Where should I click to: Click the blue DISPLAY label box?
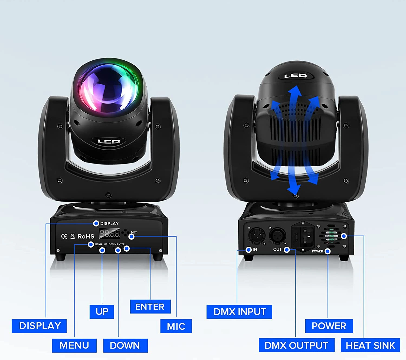39,326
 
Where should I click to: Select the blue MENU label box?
74,346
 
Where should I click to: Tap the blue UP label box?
102,312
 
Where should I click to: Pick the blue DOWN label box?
125,346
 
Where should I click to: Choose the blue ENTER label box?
150,307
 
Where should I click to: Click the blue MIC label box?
176,326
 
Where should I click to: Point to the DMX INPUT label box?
239,312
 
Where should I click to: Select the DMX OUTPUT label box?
297,345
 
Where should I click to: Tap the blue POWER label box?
329,326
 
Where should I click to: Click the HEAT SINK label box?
370,345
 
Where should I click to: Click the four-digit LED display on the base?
109,233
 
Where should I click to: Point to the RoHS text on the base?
86,236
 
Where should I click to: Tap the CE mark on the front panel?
64,236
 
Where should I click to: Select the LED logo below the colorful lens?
109,142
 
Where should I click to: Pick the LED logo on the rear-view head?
296,76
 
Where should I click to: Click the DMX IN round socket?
257,235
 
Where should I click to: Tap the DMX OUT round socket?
277,235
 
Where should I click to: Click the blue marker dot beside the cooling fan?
344,236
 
